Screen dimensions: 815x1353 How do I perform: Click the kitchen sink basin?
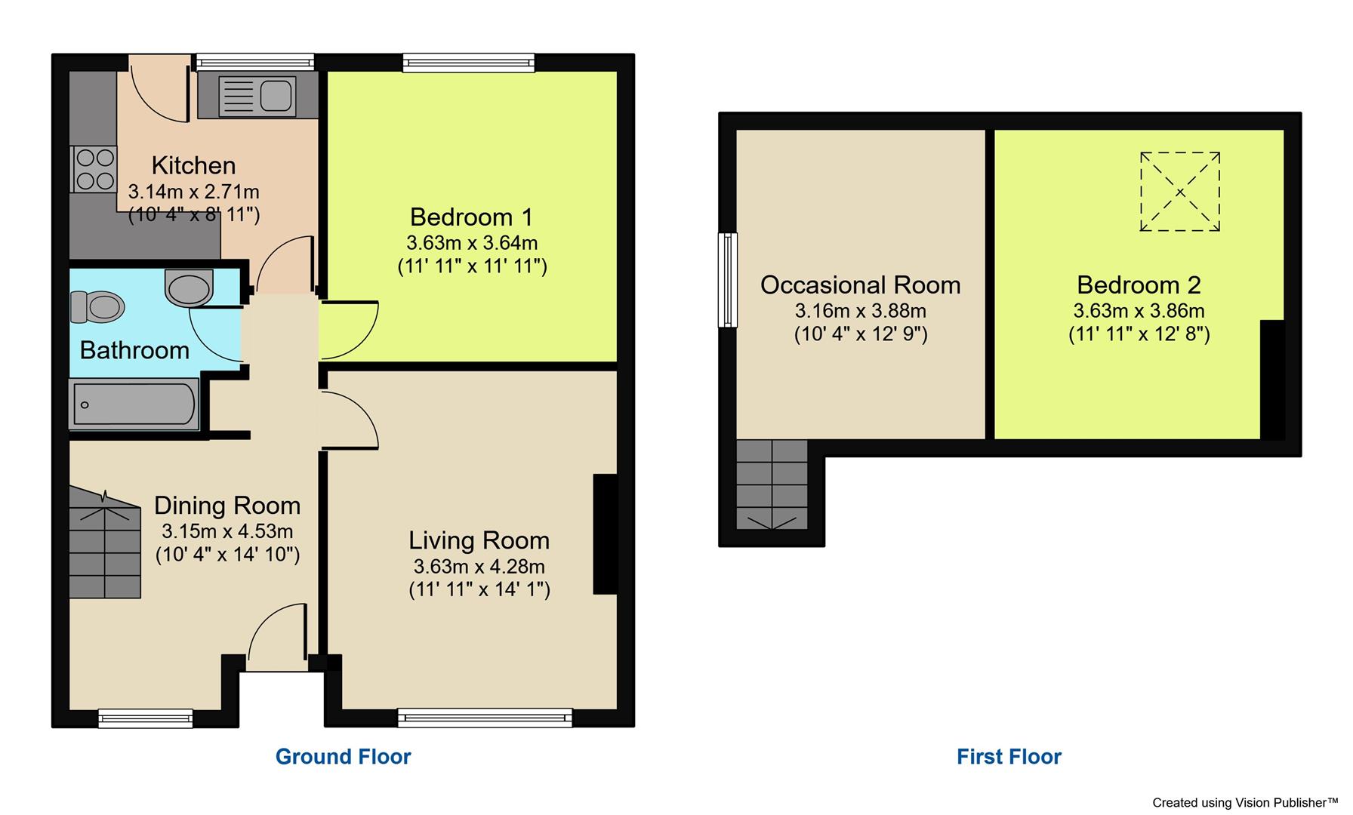click(x=276, y=97)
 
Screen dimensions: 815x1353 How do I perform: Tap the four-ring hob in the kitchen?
click(x=95, y=169)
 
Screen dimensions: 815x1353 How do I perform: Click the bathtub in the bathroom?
click(x=134, y=404)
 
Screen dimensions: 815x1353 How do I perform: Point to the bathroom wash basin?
click(x=188, y=288)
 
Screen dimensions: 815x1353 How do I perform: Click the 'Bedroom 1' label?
click(x=471, y=217)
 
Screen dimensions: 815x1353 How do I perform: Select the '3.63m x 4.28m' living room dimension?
click(x=479, y=566)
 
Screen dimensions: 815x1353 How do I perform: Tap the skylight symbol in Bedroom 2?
click(x=1179, y=192)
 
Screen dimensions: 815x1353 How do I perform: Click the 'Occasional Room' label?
click(x=860, y=285)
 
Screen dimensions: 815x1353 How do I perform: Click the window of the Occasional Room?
click(x=727, y=279)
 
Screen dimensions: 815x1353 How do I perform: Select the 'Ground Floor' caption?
click(x=343, y=756)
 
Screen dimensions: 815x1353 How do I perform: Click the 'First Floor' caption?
click(x=1009, y=756)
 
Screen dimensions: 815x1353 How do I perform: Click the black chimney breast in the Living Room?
click(x=606, y=534)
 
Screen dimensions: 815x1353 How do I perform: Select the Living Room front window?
click(x=485, y=717)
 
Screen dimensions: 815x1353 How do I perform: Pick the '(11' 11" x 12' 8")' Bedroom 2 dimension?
click(x=1139, y=334)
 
